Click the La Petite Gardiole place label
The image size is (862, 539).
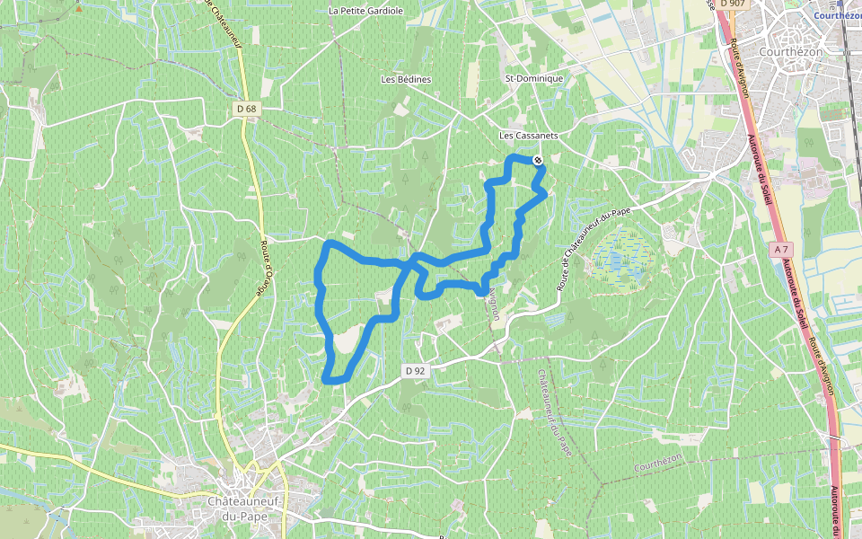(365, 11)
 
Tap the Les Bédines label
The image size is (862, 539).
(406, 79)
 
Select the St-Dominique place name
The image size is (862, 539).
(534, 78)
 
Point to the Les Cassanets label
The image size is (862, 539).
(529, 136)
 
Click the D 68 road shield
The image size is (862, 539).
(247, 109)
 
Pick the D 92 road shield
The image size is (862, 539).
(413, 369)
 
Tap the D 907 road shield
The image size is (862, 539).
(734, 4)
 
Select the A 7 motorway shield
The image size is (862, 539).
(782, 247)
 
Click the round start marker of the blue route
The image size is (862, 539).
(537, 160)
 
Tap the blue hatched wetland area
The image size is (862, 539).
(620, 256)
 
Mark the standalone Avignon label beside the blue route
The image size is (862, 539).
(494, 305)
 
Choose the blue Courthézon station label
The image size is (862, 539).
(837, 15)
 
